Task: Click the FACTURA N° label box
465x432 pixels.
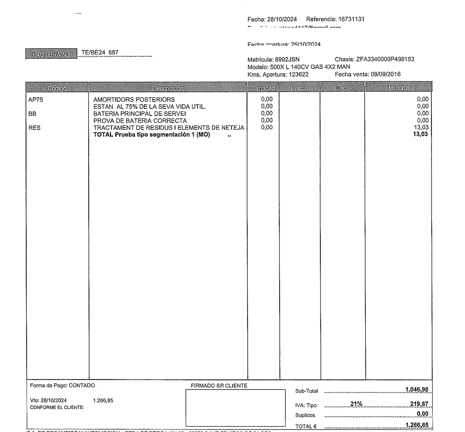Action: coord(51,54)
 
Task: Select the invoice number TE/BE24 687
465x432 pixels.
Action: coord(100,52)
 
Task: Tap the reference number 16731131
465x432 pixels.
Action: coord(351,19)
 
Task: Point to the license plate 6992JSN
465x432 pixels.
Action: coord(287,59)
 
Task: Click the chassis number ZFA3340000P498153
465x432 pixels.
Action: coord(385,59)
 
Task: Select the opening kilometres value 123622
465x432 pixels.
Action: coord(298,74)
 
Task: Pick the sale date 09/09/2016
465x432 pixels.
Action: coord(386,74)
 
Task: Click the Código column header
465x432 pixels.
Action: coord(57,88)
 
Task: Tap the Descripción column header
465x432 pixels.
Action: coord(168,88)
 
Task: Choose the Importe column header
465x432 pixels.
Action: coord(398,88)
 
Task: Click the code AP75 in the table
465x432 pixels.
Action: coord(36,100)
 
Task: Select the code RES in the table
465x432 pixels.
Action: coord(34,128)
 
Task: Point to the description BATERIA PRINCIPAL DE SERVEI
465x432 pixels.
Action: coord(139,113)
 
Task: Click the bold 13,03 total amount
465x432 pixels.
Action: coord(420,134)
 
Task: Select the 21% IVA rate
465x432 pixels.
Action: coord(356,404)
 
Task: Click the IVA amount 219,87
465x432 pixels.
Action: coord(419,404)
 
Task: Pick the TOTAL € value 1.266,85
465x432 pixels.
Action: coord(417,425)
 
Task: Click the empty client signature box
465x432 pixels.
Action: coord(235,407)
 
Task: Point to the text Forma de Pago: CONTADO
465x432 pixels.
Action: coord(62,385)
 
